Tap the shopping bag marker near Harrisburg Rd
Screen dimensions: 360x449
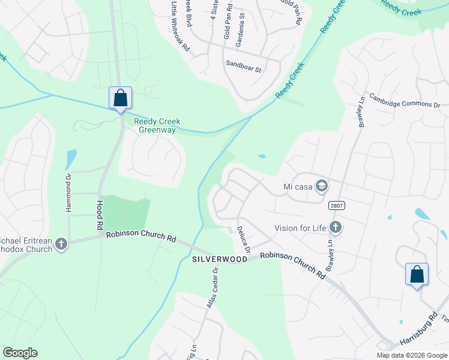point(417,274)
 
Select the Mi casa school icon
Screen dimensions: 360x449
point(322,186)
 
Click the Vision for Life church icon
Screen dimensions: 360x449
point(336,227)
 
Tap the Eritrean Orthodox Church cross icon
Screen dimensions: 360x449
point(61,244)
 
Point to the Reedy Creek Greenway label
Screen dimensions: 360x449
point(157,125)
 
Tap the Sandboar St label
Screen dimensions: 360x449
point(243,66)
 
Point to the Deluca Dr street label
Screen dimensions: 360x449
point(243,239)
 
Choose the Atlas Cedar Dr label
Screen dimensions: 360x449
point(211,287)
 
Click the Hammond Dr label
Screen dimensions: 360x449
point(68,193)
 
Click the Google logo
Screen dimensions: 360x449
point(20,352)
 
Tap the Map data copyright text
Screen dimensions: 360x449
point(412,355)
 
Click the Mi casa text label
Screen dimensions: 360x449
point(298,187)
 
